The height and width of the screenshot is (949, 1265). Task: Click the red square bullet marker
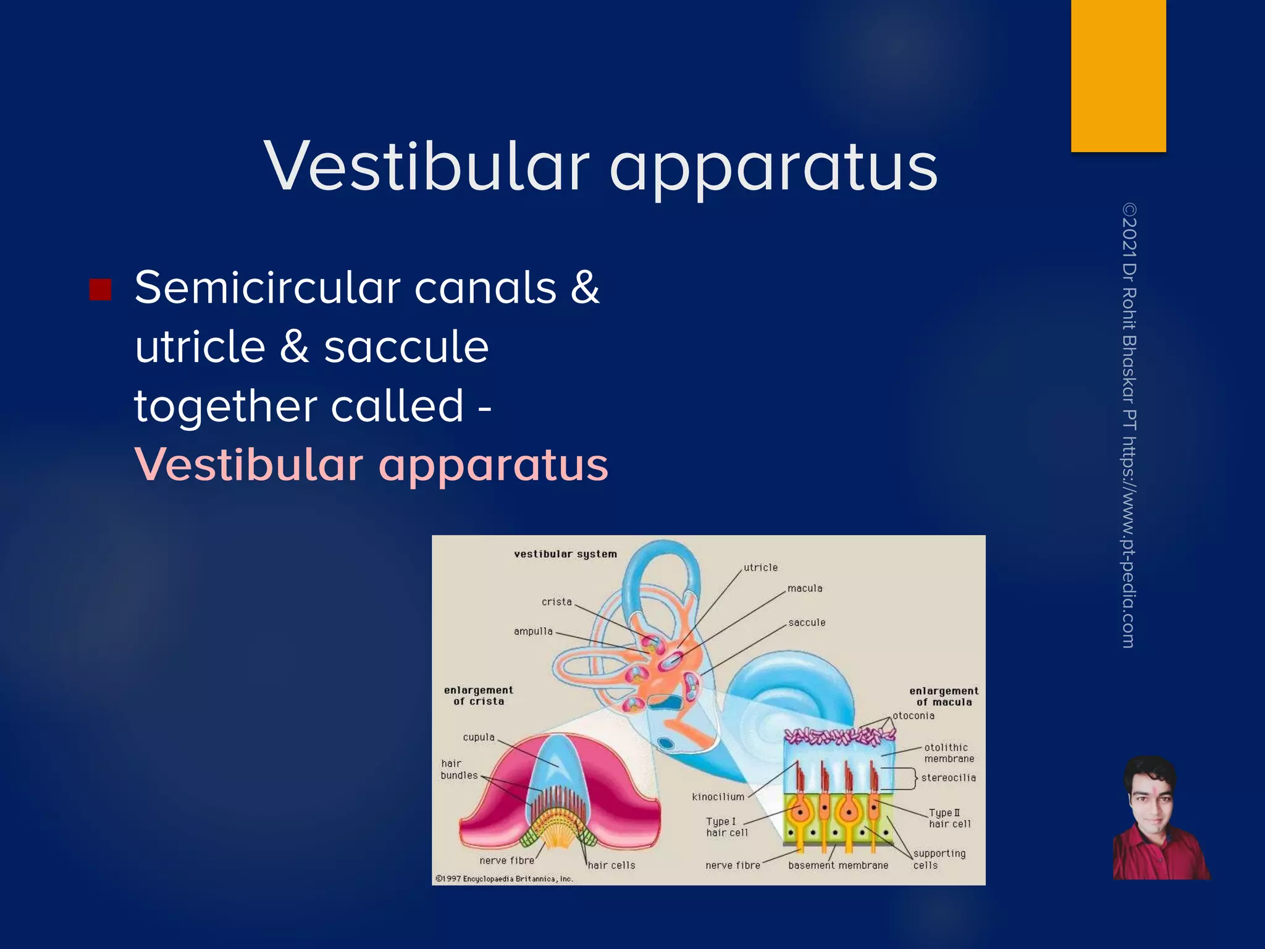(x=100, y=289)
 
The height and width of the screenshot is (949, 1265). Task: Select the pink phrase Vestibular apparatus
(x=371, y=465)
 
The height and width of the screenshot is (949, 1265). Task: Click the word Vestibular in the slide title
(x=426, y=167)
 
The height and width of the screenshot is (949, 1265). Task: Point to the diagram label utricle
(x=760, y=567)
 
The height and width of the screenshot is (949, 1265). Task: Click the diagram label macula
(x=805, y=588)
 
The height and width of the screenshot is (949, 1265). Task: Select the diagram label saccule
(x=807, y=622)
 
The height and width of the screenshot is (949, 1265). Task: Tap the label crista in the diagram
(x=557, y=602)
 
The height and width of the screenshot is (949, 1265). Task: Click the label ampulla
(x=533, y=631)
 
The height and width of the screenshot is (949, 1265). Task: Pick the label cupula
(x=479, y=737)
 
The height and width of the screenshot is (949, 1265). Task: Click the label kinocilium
(x=718, y=797)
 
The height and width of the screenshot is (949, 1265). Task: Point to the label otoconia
(x=914, y=715)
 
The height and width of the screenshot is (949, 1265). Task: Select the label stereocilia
(x=948, y=778)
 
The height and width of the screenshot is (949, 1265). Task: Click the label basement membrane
(x=838, y=866)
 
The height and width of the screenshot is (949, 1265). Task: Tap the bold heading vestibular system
(x=565, y=554)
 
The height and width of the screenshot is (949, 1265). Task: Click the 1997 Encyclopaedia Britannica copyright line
(x=505, y=879)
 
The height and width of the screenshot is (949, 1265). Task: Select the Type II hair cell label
(x=949, y=819)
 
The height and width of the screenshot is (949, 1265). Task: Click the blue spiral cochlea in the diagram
(x=791, y=711)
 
